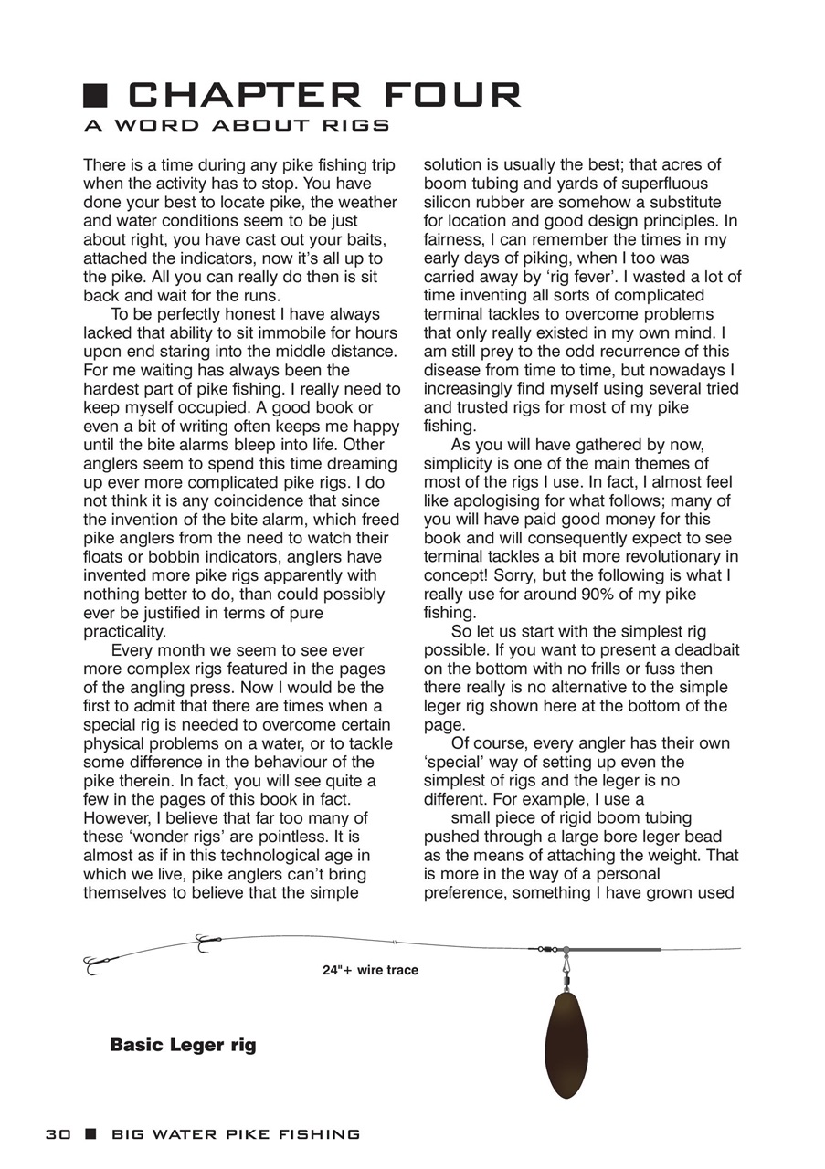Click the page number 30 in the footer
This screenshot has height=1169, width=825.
[x=58, y=1134]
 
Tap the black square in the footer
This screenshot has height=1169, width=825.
[x=90, y=1134]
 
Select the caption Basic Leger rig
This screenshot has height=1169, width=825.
[x=183, y=1045]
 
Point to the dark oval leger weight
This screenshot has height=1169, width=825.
[x=566, y=1046]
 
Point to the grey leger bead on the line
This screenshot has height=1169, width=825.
[x=566, y=950]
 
